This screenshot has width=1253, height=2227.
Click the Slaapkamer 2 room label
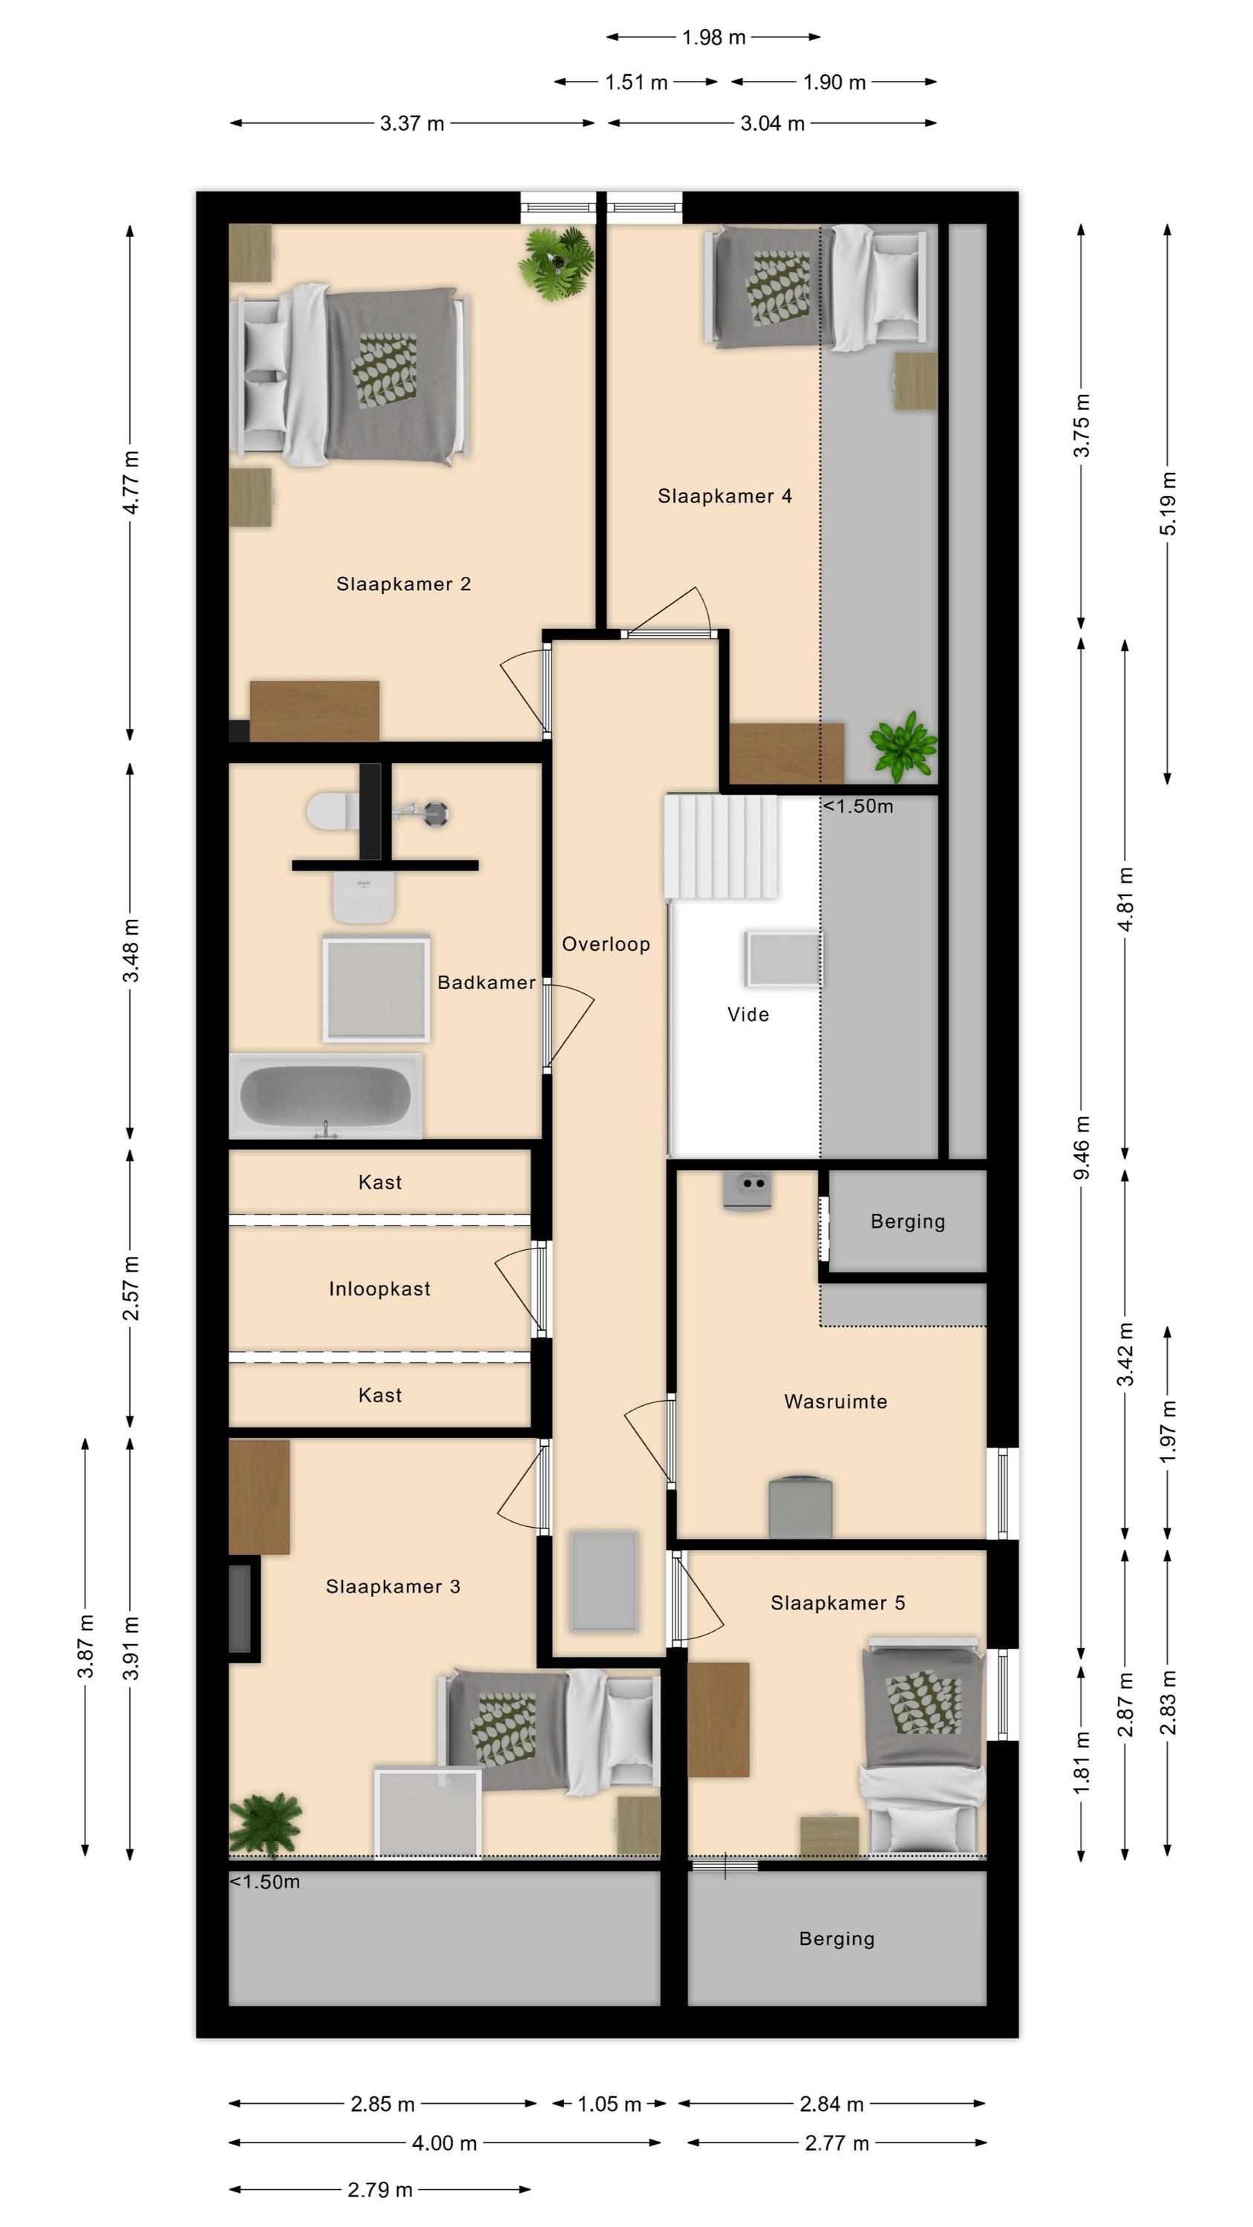click(403, 584)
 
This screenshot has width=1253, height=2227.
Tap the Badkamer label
click(486, 982)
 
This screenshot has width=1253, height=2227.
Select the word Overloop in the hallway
click(605, 944)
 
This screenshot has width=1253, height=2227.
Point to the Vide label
click(748, 1014)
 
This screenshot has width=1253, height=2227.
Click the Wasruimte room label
click(835, 1402)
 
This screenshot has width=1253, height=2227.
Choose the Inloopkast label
click(379, 1289)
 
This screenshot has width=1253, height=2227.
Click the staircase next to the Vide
click(722, 846)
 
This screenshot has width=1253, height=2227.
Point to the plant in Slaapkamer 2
click(555, 263)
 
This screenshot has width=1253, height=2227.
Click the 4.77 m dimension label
click(131, 483)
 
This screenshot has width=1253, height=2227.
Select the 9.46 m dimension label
click(1081, 1148)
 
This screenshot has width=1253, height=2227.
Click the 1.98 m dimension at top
click(713, 37)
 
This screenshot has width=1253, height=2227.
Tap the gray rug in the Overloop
click(604, 1580)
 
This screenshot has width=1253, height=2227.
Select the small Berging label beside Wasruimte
click(908, 1222)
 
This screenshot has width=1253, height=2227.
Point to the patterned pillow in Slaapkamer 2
click(384, 371)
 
